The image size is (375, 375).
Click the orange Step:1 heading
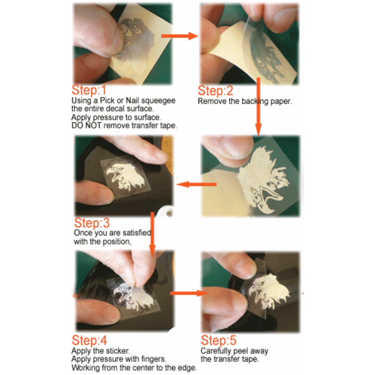(89, 90)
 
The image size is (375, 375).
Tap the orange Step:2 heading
(215, 91)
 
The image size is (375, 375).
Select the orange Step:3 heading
(92, 223)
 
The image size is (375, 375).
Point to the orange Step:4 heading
(89, 340)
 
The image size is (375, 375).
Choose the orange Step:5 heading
(219, 340)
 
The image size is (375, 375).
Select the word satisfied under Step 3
(137, 233)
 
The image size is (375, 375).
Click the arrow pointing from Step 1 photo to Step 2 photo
(179, 36)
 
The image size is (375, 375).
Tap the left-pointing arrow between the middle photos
(196, 185)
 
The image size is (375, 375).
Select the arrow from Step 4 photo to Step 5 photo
(188, 293)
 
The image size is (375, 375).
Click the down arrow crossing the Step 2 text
(258, 107)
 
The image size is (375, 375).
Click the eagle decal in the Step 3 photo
(125, 176)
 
